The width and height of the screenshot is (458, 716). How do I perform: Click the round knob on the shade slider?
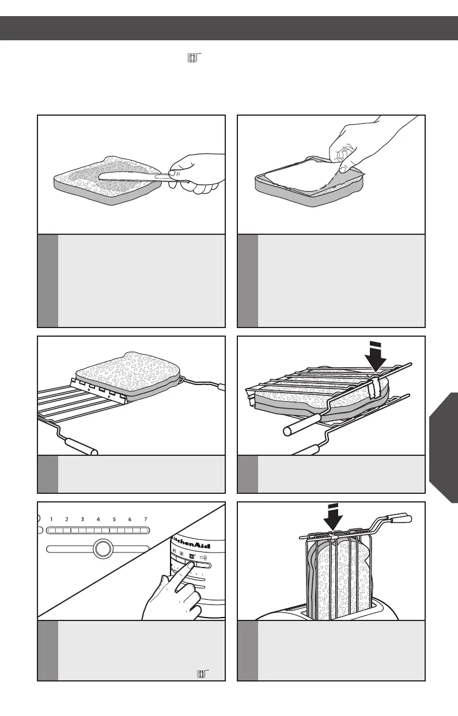(x=102, y=549)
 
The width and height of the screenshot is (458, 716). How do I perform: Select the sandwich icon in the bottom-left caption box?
(x=202, y=673)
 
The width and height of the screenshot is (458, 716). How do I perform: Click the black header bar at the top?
(x=229, y=27)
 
